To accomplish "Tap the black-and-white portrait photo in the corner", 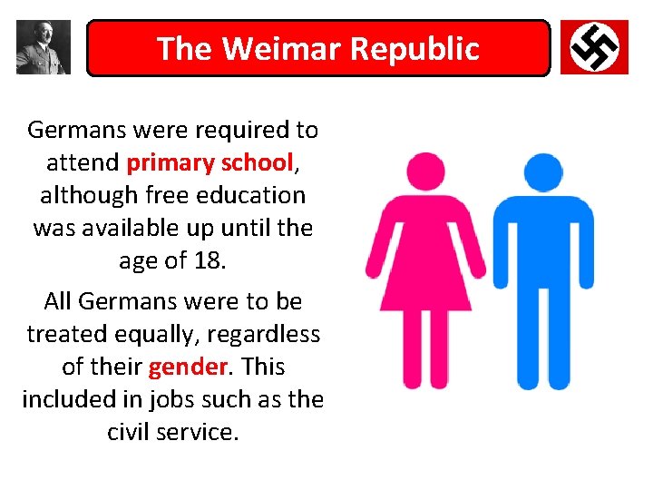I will [x=43, y=47].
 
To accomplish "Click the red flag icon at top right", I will [x=594, y=47].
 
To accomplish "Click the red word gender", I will [x=180, y=367].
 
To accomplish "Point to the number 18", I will [x=209, y=260].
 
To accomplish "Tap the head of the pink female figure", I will [x=425, y=171].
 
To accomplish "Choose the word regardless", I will [x=263, y=334].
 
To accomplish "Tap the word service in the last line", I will [x=198, y=432].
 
